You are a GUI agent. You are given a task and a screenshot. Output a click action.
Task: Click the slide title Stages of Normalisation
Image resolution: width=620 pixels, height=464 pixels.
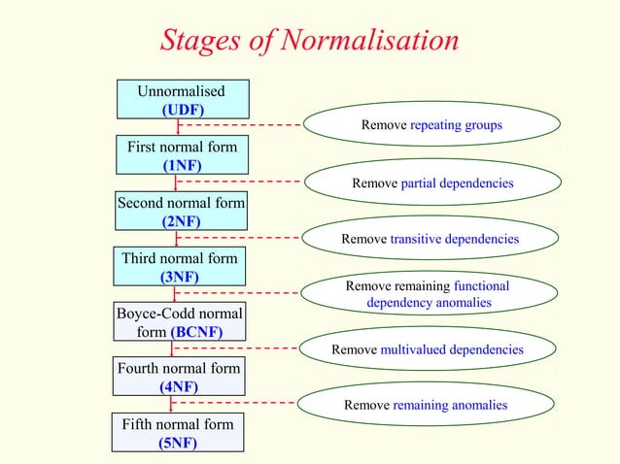pos(309,40)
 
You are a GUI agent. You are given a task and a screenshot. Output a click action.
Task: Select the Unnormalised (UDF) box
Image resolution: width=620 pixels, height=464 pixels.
pos(182,100)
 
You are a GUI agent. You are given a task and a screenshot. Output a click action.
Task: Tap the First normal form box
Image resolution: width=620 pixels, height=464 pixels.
pos(182,155)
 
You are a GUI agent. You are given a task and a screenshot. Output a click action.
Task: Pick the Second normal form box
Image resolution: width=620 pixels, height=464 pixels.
pos(181,211)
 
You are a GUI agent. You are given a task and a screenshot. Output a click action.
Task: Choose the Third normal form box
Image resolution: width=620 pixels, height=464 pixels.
pos(181,267)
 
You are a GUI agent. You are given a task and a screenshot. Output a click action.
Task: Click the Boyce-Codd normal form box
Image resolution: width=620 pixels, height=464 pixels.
pos(181,322)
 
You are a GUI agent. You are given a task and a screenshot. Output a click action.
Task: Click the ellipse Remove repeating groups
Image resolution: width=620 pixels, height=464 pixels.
pos(431,125)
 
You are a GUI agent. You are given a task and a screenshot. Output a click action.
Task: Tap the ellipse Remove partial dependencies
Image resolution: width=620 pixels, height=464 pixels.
pos(431,182)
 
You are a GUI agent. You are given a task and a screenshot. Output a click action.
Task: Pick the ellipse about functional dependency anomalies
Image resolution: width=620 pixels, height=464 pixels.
pos(428,294)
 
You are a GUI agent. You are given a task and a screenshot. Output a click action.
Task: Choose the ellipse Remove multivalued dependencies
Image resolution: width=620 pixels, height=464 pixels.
pos(428,349)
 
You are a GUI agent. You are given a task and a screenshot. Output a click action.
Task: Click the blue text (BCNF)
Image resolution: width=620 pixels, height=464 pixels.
pos(197,332)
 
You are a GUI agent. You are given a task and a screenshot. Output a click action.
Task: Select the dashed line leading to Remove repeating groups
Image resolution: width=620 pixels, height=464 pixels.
pos(243,125)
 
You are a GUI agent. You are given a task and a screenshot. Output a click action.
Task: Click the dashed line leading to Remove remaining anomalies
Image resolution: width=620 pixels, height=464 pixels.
pos(233,402)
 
